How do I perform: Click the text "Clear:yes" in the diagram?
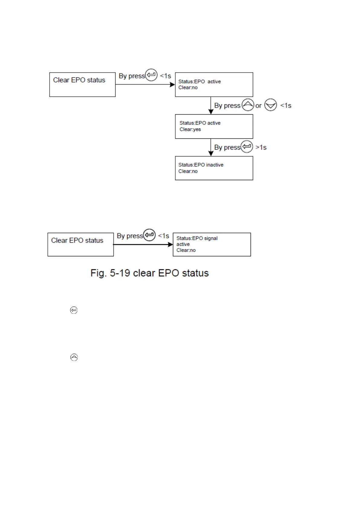[x=190, y=129]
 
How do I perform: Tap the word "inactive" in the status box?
[x=215, y=165]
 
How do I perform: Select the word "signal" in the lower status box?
[x=211, y=238]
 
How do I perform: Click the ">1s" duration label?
[x=261, y=148]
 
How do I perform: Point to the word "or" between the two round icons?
[x=258, y=106]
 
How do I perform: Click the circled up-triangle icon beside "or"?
[x=248, y=105]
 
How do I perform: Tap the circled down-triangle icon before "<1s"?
[x=271, y=105]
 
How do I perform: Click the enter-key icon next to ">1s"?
[x=247, y=147]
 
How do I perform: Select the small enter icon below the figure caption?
[x=74, y=310]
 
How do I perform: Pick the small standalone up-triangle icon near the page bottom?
[x=74, y=357]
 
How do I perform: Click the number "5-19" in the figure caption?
[x=120, y=273]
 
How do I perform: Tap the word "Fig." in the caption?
[x=98, y=273]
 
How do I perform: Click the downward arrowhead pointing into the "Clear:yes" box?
[x=211, y=112]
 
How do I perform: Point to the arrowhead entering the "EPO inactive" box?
[x=211, y=153]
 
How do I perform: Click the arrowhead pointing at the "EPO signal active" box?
[x=170, y=245]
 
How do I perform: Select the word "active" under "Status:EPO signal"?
[x=183, y=244]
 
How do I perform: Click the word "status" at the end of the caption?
[x=195, y=273]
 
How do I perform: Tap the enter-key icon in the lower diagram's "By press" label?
[x=149, y=235]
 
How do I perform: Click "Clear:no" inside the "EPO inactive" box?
[x=188, y=171]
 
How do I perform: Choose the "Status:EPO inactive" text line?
[x=201, y=165]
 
